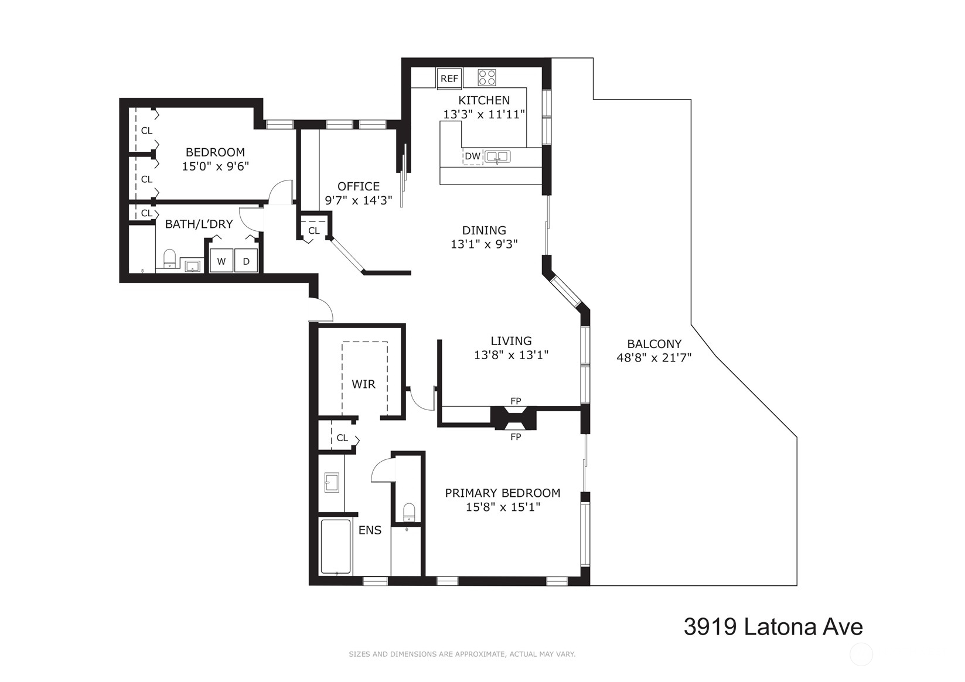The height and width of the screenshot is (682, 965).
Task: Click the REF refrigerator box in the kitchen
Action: pyautogui.click(x=449, y=79)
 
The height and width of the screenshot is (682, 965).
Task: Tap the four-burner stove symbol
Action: pyautogui.click(x=487, y=78)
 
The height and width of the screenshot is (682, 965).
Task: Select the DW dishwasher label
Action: pyautogui.click(x=473, y=156)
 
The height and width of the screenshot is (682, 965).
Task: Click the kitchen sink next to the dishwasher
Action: pyautogui.click(x=497, y=156)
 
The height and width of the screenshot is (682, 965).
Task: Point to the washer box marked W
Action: pyautogui.click(x=221, y=261)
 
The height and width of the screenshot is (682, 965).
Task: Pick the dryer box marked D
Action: pyautogui.click(x=246, y=261)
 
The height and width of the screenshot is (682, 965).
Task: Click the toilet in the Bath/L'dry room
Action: pyautogui.click(x=170, y=258)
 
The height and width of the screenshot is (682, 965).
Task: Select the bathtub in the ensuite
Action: pyautogui.click(x=336, y=547)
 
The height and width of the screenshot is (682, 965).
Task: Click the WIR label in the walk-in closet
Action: pyautogui.click(x=364, y=384)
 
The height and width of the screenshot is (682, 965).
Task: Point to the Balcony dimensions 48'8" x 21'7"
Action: pyautogui.click(x=654, y=357)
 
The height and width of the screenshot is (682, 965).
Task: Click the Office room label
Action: pyautogui.click(x=359, y=186)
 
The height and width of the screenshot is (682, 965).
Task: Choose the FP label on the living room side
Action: pyautogui.click(x=516, y=401)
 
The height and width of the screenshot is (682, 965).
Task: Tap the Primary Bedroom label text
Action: pyautogui.click(x=503, y=493)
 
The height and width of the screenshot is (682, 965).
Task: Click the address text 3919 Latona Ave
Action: pyautogui.click(x=773, y=627)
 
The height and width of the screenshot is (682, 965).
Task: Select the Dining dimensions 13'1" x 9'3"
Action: pyautogui.click(x=484, y=244)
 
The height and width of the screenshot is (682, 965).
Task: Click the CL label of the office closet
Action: pyautogui.click(x=314, y=230)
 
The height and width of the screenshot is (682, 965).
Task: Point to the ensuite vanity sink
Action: pyautogui.click(x=331, y=483)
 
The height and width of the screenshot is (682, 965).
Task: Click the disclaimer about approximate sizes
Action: pyautogui.click(x=462, y=654)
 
